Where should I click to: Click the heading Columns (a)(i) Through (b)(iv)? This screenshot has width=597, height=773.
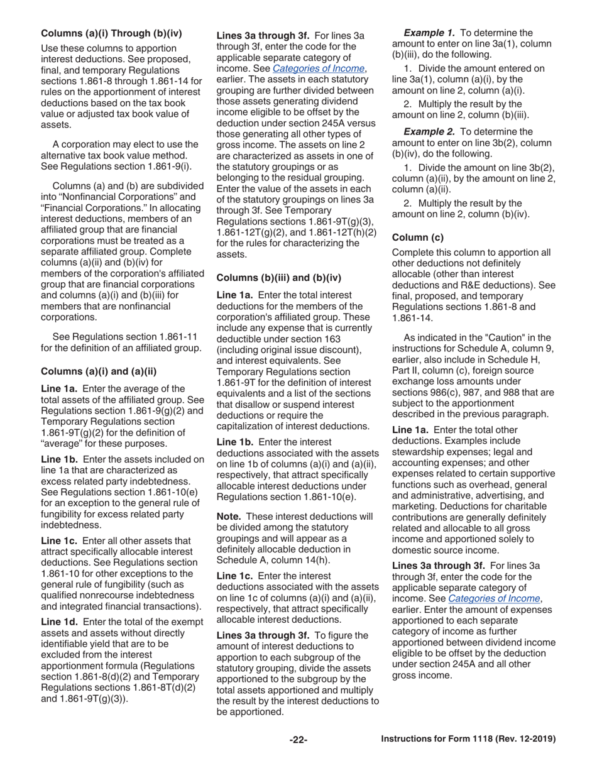(x=111, y=33)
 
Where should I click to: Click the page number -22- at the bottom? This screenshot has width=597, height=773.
(x=298, y=740)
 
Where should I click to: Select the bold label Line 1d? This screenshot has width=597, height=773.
(x=59, y=622)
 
